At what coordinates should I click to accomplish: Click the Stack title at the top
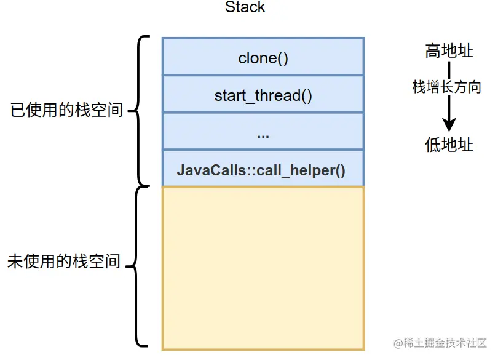pyautogui.click(x=245, y=7)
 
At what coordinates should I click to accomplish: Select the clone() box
pyautogui.click(x=263, y=57)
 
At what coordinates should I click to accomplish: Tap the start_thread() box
pyautogui.click(x=263, y=94)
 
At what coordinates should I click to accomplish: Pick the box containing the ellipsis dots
pyautogui.click(x=263, y=131)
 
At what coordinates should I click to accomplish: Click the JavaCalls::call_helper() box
pyautogui.click(x=263, y=168)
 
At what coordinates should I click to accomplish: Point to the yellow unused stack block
pyautogui.click(x=263, y=268)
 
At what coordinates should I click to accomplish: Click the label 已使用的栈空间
pyautogui.click(x=66, y=110)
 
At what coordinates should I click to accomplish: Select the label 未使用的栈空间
pyautogui.click(x=64, y=262)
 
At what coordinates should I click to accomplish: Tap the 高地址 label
pyautogui.click(x=449, y=51)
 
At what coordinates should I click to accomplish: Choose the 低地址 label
pyautogui.click(x=449, y=145)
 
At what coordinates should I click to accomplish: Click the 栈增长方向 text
pyautogui.click(x=446, y=87)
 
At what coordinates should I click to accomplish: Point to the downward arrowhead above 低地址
pyautogui.click(x=449, y=124)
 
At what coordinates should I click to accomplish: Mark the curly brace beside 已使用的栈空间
pyautogui.click(x=138, y=111)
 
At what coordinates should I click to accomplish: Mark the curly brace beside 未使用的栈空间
pyautogui.click(x=136, y=266)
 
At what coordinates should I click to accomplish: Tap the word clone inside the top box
pyautogui.click(x=258, y=58)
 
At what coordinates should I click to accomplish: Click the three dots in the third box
pyautogui.click(x=263, y=137)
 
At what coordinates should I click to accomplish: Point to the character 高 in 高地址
pyautogui.click(x=433, y=51)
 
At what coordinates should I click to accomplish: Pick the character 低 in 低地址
pyautogui.click(x=433, y=145)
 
